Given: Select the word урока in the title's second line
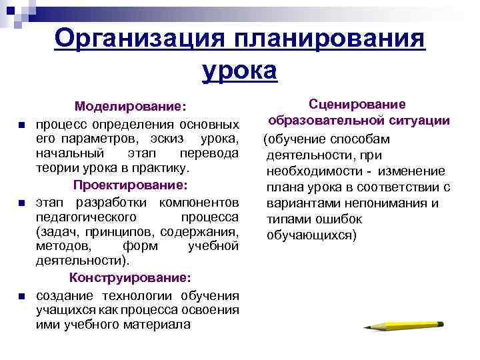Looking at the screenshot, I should point(239,69).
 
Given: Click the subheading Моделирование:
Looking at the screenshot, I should point(131,106).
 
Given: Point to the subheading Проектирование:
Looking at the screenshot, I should point(131,183).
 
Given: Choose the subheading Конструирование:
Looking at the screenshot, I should point(131,277).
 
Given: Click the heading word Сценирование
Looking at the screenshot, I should point(357,105).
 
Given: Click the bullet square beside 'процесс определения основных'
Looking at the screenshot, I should point(21,125).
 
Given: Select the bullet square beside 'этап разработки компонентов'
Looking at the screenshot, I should point(21,203).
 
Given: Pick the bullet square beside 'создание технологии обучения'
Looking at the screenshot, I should point(21,296).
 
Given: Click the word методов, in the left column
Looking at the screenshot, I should point(59,246).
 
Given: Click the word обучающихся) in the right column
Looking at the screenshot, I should point(312,235).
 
